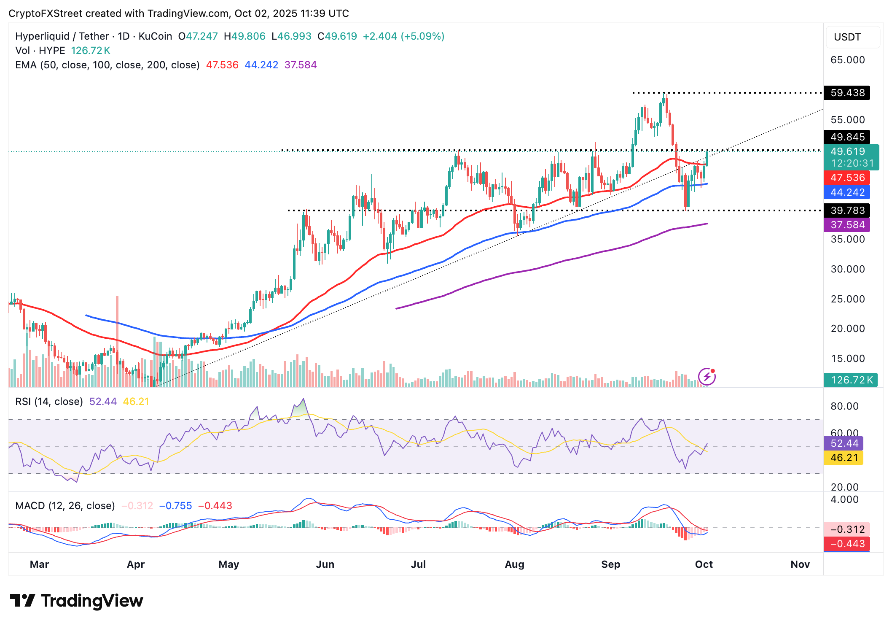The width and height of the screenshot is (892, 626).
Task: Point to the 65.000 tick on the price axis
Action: point(847,60)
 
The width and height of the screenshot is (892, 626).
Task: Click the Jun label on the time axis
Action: point(325,564)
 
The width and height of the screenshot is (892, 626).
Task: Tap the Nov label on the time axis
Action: point(800,564)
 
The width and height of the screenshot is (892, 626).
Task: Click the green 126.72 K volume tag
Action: point(851,380)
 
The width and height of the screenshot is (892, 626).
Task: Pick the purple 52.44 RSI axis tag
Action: point(844,443)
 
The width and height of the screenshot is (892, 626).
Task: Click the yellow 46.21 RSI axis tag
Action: point(844,458)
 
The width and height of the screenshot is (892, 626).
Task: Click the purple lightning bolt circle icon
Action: point(707,377)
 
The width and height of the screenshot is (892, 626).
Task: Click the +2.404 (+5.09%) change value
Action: point(403,36)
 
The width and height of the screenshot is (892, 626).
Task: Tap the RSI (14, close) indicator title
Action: point(49,402)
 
